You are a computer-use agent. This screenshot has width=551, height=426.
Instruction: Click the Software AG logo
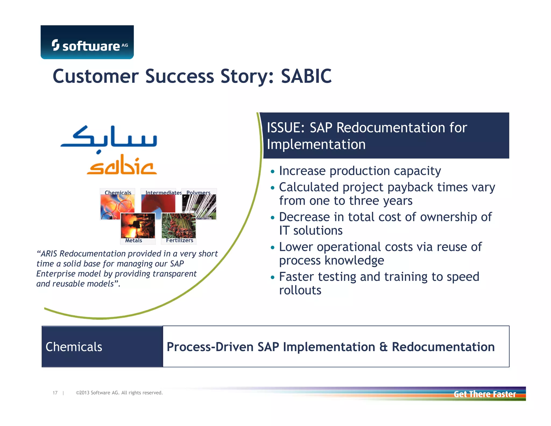click(87, 43)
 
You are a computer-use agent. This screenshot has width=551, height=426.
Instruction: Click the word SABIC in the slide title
click(306, 76)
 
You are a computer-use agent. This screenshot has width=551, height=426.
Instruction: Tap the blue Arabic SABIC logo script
click(109, 139)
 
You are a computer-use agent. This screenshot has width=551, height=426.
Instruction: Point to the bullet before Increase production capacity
click(273, 172)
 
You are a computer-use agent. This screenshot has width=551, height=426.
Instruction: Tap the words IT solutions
click(310, 231)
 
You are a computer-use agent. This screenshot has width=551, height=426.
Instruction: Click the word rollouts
click(300, 291)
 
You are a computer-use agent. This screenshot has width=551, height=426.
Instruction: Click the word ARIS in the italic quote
click(49, 254)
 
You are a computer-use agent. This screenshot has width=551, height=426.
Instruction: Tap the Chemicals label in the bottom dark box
click(74, 347)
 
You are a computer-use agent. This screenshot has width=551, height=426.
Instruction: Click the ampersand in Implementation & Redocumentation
click(383, 347)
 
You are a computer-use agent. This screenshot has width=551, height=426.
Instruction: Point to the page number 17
click(55, 393)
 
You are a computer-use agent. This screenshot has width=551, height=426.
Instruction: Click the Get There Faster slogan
click(484, 394)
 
